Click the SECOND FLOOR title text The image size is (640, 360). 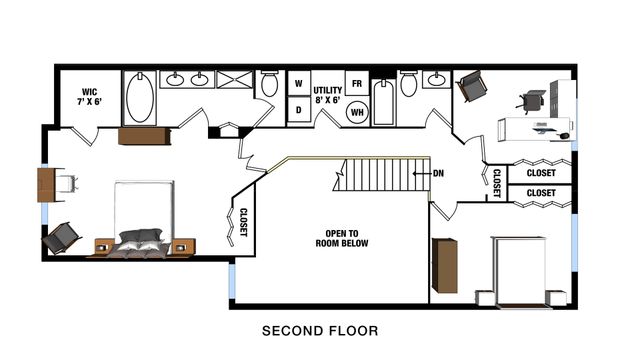pyautogui.click(x=319, y=330)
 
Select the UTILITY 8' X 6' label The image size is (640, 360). pyautogui.click(x=328, y=95)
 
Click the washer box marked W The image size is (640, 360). pyautogui.click(x=297, y=85)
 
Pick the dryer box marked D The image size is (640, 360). pyautogui.click(x=297, y=111)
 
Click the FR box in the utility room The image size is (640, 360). pyautogui.click(x=357, y=82)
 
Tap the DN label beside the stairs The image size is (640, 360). pyautogui.click(x=438, y=173)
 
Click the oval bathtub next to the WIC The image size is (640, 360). pyautogui.click(x=140, y=97)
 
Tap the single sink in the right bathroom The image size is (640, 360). pyautogui.click(x=437, y=79)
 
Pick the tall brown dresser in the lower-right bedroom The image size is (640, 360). pyautogui.click(x=445, y=265)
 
